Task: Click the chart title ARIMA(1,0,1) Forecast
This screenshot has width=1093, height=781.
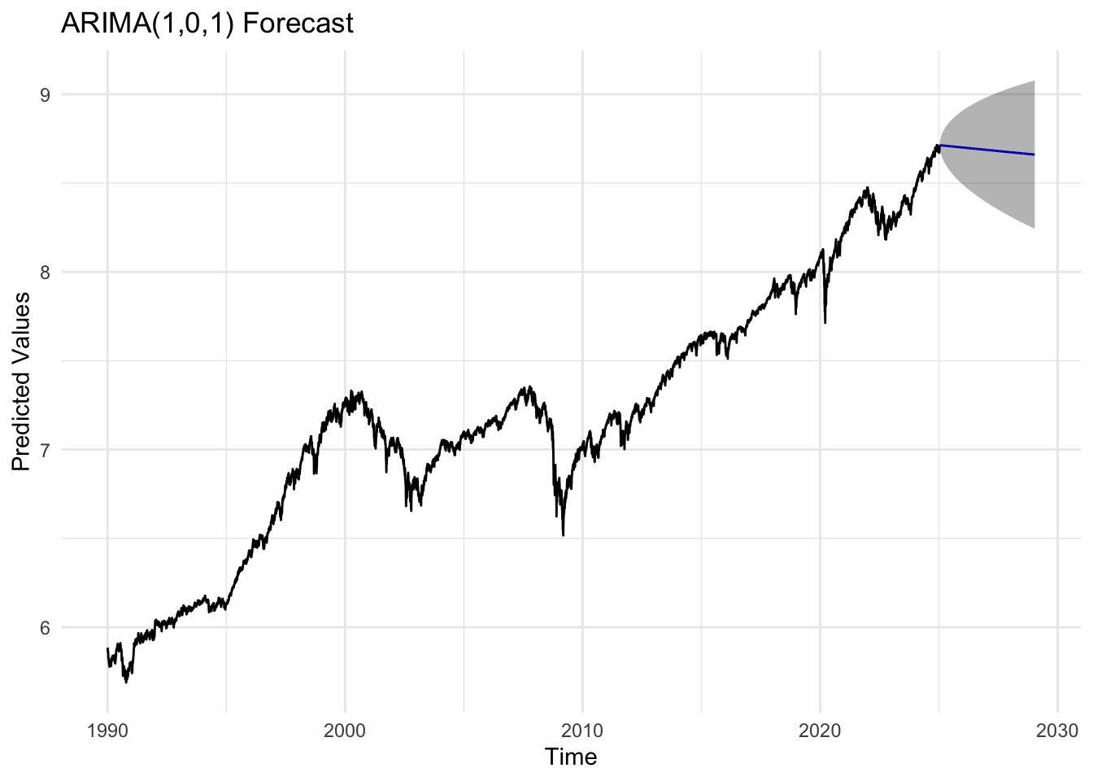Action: point(207,23)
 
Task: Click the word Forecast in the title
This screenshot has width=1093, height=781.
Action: point(298,23)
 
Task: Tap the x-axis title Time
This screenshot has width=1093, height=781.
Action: point(571,757)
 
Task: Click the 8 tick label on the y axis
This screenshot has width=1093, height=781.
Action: point(45,272)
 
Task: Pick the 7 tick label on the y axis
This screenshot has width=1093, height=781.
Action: point(45,450)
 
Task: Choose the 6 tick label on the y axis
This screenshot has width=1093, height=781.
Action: point(45,627)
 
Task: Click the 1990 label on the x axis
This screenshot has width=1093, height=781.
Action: point(107,729)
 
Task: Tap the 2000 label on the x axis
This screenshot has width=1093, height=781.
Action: point(345,729)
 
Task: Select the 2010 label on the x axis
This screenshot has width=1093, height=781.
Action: point(582,729)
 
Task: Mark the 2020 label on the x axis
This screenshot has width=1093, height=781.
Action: point(820,729)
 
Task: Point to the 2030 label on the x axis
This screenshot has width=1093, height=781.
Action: point(1056,729)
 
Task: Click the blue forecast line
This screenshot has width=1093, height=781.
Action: point(986,150)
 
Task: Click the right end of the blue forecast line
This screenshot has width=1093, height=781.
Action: point(1034,155)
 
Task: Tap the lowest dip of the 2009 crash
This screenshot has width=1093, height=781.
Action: point(564,534)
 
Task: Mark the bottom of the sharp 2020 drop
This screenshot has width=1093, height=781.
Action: point(825,322)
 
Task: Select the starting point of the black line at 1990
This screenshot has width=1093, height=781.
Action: point(107,648)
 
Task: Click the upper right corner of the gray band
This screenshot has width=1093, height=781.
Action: point(1033,82)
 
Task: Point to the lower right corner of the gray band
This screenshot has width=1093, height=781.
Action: point(1033,228)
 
